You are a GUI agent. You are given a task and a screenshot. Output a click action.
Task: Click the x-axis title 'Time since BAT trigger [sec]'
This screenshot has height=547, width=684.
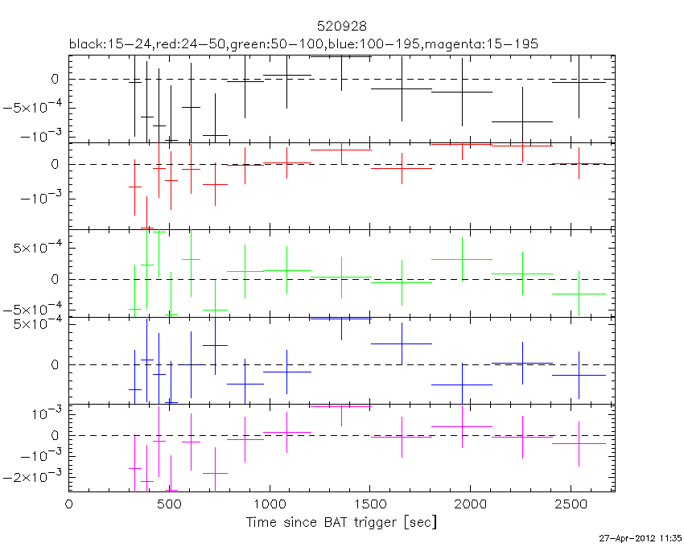click(x=341, y=522)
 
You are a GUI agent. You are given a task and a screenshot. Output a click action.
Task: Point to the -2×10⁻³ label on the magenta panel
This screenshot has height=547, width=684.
click(x=37, y=477)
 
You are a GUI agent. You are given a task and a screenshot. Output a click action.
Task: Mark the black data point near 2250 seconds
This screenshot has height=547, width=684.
click(x=522, y=121)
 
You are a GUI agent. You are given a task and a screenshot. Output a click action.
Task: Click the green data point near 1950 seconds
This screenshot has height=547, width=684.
click(x=462, y=259)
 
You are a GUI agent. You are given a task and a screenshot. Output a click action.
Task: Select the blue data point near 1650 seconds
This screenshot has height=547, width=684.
click(x=401, y=343)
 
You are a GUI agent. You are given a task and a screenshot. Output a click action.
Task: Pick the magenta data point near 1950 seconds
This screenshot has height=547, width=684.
click(x=462, y=426)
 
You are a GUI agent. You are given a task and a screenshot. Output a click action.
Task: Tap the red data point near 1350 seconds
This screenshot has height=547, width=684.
click(x=341, y=150)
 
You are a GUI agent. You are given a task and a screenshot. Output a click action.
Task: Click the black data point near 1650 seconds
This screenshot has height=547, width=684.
click(x=401, y=88)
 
